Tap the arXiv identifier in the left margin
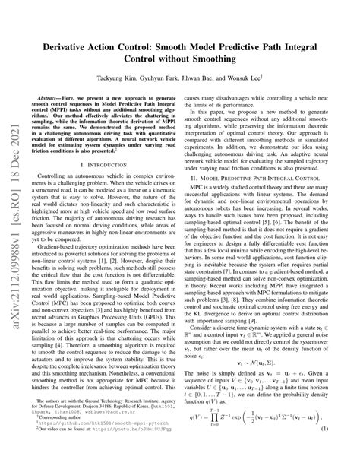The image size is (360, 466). (13, 228)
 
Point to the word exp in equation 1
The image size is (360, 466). (258, 437)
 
